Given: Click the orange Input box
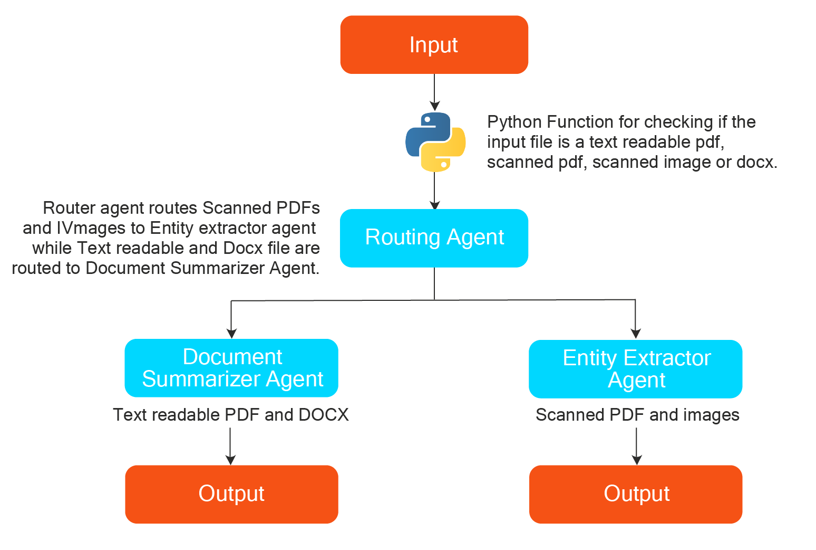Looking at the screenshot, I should pyautogui.click(x=434, y=45).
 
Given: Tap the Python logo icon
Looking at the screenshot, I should pyautogui.click(x=435, y=142).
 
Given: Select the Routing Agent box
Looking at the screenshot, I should pyautogui.click(x=434, y=238).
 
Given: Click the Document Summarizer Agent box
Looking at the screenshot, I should pyautogui.click(x=231, y=368).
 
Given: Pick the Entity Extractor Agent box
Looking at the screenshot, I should pyautogui.click(x=636, y=369).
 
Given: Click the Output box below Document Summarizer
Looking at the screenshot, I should pyautogui.click(x=231, y=494).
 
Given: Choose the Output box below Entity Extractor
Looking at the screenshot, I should pyautogui.click(x=636, y=494).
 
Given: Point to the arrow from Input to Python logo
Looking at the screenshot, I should pyautogui.click(x=434, y=93).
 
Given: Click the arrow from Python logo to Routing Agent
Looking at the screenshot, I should pyautogui.click(x=434, y=191).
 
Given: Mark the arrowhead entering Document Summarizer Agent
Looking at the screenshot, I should pyautogui.click(x=231, y=333).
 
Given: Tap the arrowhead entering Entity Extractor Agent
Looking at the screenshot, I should pyautogui.click(x=636, y=333).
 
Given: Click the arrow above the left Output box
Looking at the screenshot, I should pyautogui.click(x=230, y=447).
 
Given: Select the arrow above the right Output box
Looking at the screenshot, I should pyautogui.click(x=637, y=447).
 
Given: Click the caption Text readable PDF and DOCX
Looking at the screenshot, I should pyautogui.click(x=230, y=415).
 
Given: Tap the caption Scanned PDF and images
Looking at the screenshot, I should pyautogui.click(x=637, y=415).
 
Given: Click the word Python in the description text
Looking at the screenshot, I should pyautogui.click(x=514, y=122).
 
